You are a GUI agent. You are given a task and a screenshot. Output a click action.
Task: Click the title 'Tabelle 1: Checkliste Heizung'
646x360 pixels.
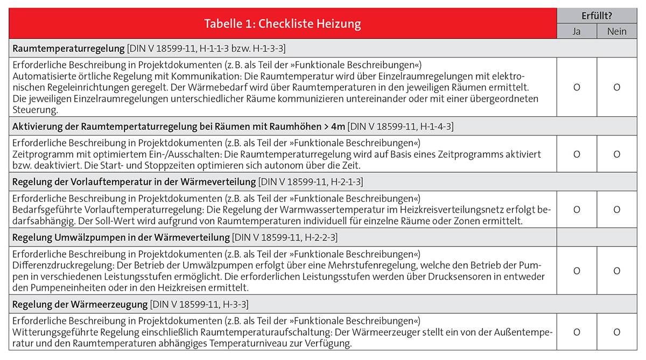tap(282, 24)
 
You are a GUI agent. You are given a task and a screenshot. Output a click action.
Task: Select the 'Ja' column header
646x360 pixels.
tap(576, 31)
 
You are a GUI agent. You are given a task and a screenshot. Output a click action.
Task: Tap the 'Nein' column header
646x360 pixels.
tap(616, 31)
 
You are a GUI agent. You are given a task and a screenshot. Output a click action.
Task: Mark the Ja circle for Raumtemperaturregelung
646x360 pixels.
tap(577, 87)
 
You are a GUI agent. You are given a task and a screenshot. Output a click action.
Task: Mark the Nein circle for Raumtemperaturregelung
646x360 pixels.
tap(616, 87)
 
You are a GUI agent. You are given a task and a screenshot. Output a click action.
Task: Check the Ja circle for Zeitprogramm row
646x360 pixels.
tap(577, 154)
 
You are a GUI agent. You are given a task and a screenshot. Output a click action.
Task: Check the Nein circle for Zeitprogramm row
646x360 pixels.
tap(616, 154)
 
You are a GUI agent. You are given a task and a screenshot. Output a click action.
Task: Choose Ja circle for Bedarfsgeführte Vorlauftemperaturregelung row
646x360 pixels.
tap(577, 210)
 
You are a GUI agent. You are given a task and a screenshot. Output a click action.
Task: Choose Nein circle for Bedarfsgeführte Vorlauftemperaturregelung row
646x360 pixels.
tap(616, 210)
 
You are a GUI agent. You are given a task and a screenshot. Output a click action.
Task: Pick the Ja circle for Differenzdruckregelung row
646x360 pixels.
tap(577, 271)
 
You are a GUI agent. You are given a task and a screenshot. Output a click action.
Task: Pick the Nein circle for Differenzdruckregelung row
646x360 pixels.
tap(616, 271)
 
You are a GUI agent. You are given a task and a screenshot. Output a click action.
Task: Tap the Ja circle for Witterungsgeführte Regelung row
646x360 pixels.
tap(577, 333)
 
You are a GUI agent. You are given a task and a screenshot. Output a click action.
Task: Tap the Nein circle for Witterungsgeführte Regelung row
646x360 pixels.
tap(616, 333)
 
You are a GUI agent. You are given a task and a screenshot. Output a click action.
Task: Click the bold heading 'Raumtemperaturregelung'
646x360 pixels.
tap(68, 48)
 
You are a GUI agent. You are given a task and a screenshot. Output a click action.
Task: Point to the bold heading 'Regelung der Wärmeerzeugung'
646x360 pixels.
tap(80, 304)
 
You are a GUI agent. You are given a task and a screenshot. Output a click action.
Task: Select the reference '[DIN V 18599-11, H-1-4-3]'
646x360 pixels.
tap(401, 126)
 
